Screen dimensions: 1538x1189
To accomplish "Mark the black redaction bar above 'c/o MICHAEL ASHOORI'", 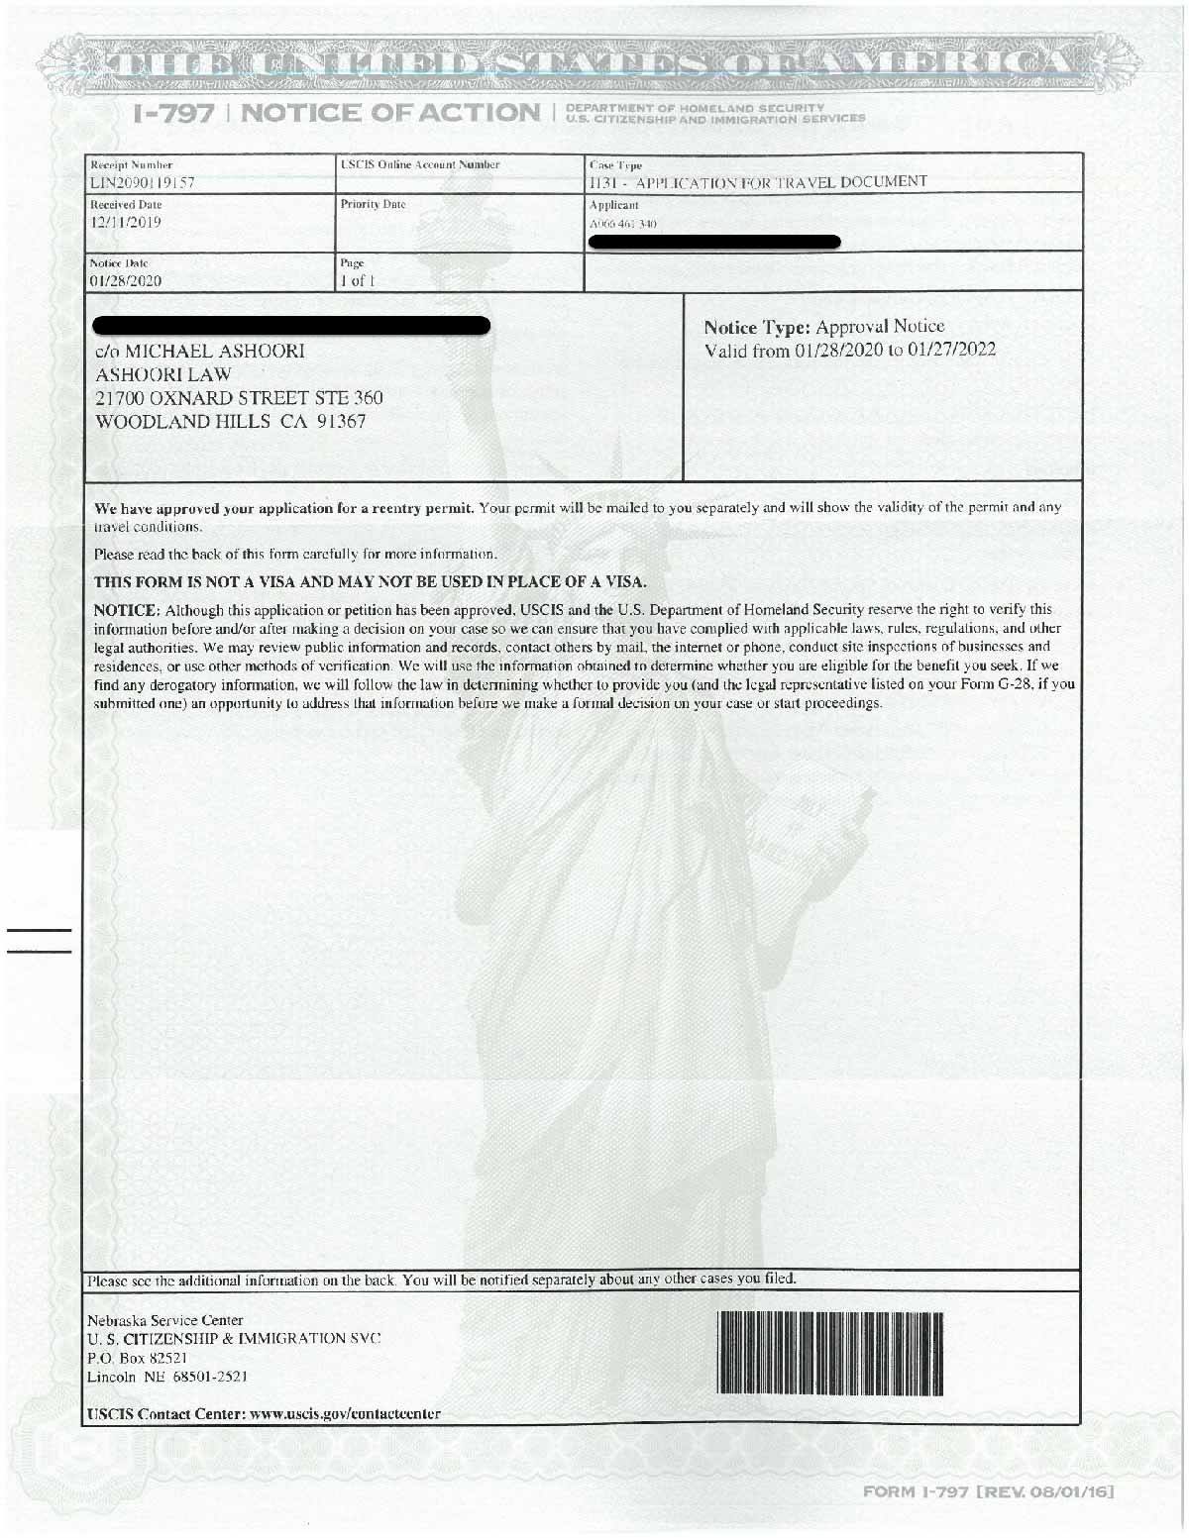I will pyautogui.click(x=293, y=324).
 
